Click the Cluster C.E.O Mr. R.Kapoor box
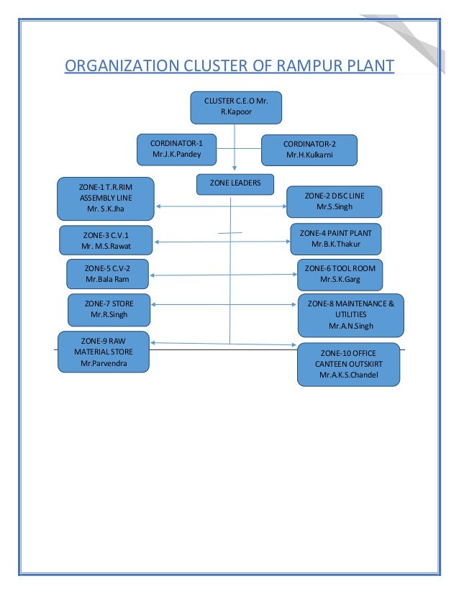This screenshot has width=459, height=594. [235, 107]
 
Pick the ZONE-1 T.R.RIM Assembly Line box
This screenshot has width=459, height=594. [106, 198]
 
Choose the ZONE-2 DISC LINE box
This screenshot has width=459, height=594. [335, 201]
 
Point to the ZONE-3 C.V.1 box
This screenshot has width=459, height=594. [106, 240]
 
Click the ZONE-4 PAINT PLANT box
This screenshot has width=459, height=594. [335, 239]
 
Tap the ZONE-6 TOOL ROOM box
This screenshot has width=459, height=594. [340, 274]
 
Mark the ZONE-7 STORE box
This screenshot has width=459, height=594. [111, 309]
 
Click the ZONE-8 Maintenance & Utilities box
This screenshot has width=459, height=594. [350, 314]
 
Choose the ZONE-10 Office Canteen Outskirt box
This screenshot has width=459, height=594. [348, 364]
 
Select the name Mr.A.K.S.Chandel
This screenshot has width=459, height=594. [348, 375]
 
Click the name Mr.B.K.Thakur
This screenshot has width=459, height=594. [335, 245]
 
